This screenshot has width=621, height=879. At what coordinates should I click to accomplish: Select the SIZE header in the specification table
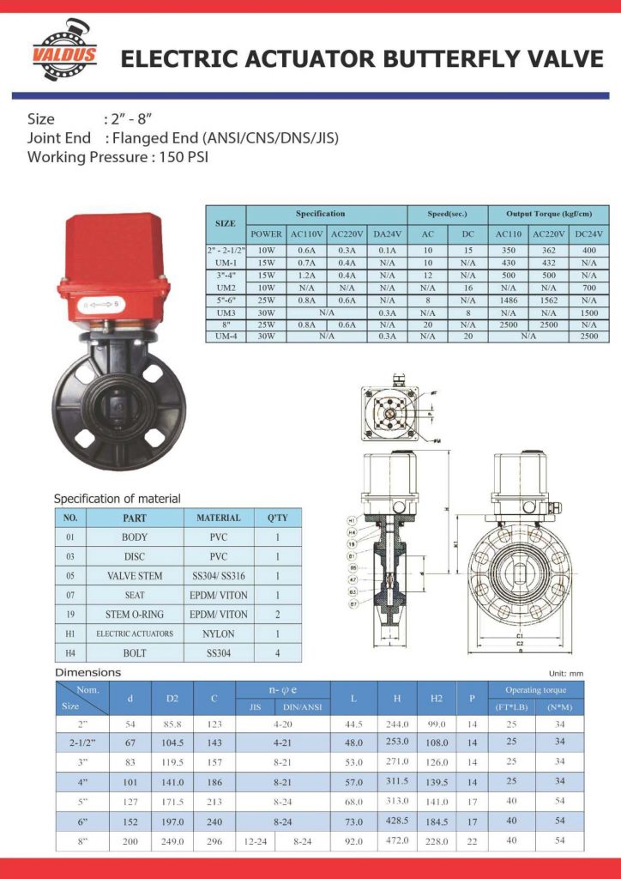tap(225, 223)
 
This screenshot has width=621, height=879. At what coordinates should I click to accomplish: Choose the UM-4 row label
tap(225, 336)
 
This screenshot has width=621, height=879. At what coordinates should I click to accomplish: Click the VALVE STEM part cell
tap(135, 576)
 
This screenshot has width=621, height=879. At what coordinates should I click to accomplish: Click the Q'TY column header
tap(278, 518)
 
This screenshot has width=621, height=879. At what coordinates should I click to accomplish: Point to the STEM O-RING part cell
tap(135, 615)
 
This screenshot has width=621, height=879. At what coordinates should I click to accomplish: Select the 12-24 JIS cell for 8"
tap(254, 841)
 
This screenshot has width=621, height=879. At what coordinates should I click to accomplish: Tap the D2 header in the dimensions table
tap(172, 699)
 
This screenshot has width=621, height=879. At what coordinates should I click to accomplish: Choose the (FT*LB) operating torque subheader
tap(511, 707)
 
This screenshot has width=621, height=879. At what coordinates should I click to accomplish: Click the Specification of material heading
tap(118, 499)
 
